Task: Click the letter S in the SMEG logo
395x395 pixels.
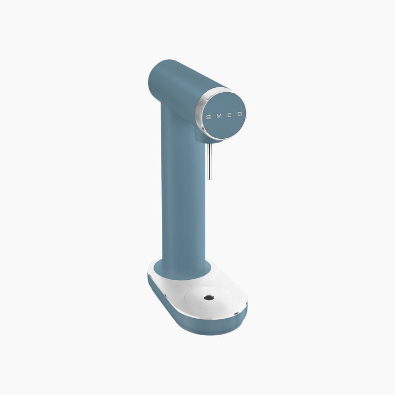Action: (x=208, y=117)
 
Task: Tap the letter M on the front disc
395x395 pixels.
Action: (x=219, y=116)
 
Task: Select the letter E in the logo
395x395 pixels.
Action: (x=229, y=115)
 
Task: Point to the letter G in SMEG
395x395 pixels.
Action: (x=240, y=114)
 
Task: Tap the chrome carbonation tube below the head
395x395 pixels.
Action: (x=210, y=161)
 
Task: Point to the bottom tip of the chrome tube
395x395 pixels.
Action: (x=210, y=179)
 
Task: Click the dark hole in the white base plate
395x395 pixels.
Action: (x=209, y=298)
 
